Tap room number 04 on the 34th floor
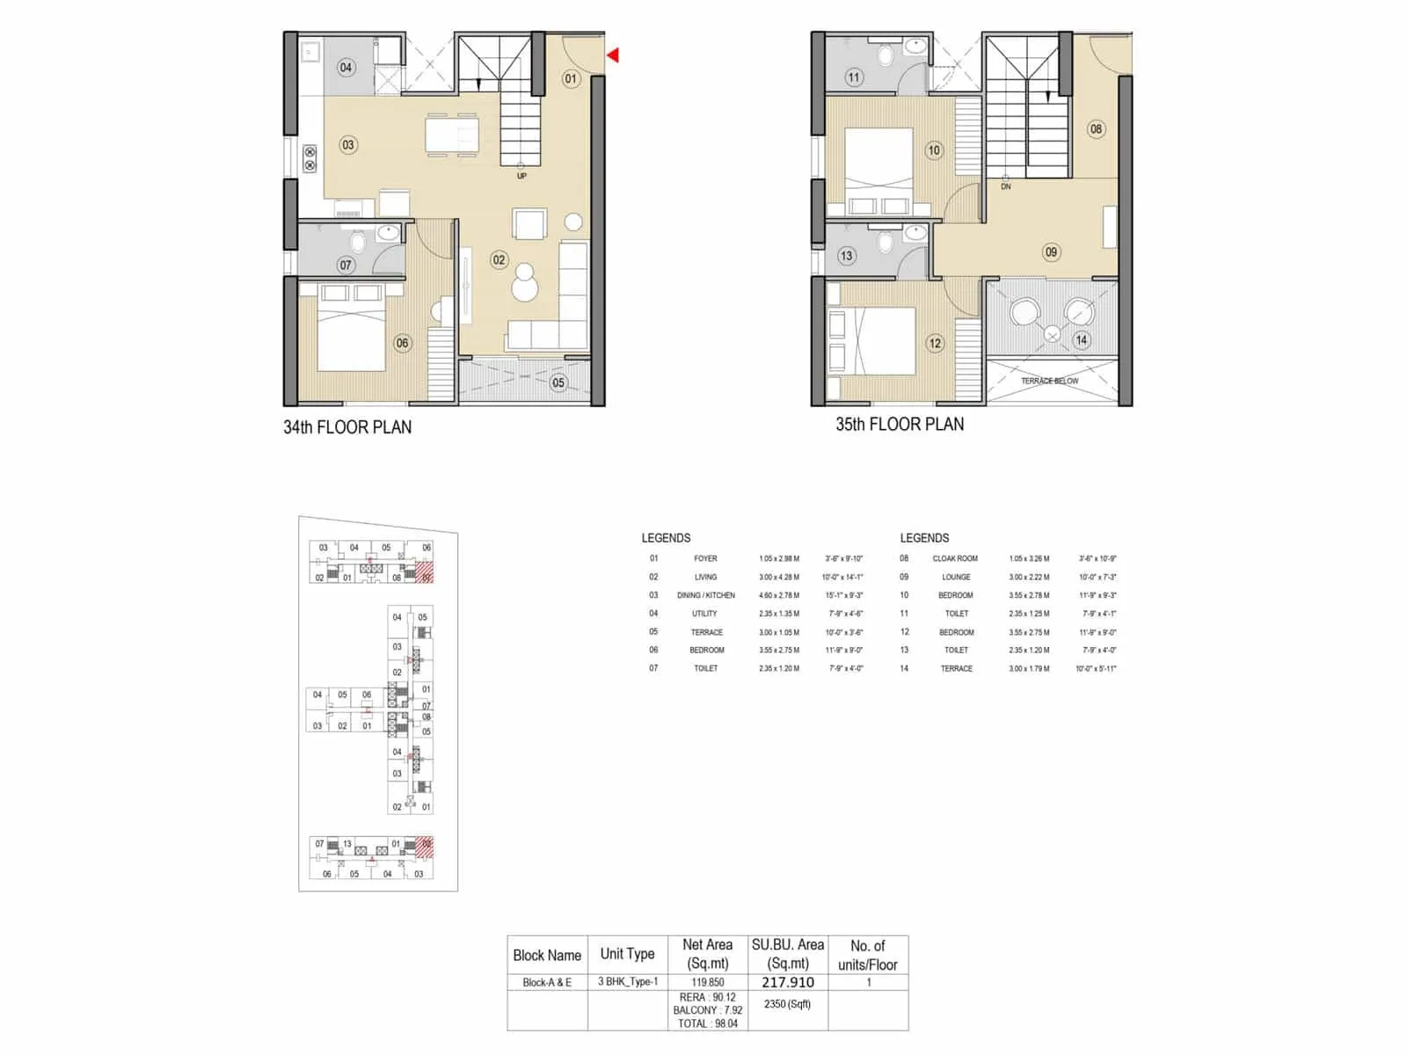(346, 68)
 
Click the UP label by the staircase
(521, 176)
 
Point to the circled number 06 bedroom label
(402, 343)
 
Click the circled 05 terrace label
(558, 382)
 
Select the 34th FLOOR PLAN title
(347, 427)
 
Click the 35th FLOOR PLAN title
(900, 425)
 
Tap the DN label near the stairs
(1006, 186)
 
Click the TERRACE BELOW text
(1049, 381)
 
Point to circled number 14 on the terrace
(1081, 339)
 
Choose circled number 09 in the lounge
(1051, 252)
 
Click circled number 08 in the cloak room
(1096, 129)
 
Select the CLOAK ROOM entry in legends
(955, 558)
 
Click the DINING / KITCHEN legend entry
(705, 595)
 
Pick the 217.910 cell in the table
(788, 982)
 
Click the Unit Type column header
(627, 954)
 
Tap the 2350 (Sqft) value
(788, 1004)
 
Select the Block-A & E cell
(547, 982)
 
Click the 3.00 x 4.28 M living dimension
(779, 577)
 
